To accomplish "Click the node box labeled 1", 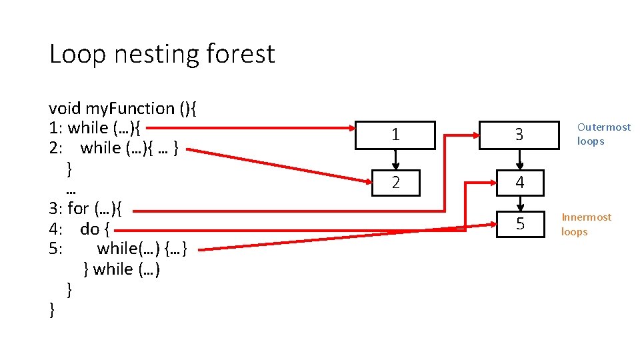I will (x=395, y=135).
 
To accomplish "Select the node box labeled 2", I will (x=395, y=183).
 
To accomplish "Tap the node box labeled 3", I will (x=519, y=135).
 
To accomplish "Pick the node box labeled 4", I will (x=519, y=183).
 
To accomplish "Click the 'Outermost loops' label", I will (x=603, y=134).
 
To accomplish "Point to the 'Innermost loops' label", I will (x=585, y=225).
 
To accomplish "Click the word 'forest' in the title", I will (x=241, y=54).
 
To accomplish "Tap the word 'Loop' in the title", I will (x=77, y=54).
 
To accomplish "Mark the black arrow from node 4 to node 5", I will (x=519, y=203).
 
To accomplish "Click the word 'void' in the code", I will (x=65, y=108).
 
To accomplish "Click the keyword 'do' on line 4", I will (x=89, y=229).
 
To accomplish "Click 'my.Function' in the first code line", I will (x=129, y=108).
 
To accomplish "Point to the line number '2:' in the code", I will (x=56, y=148).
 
